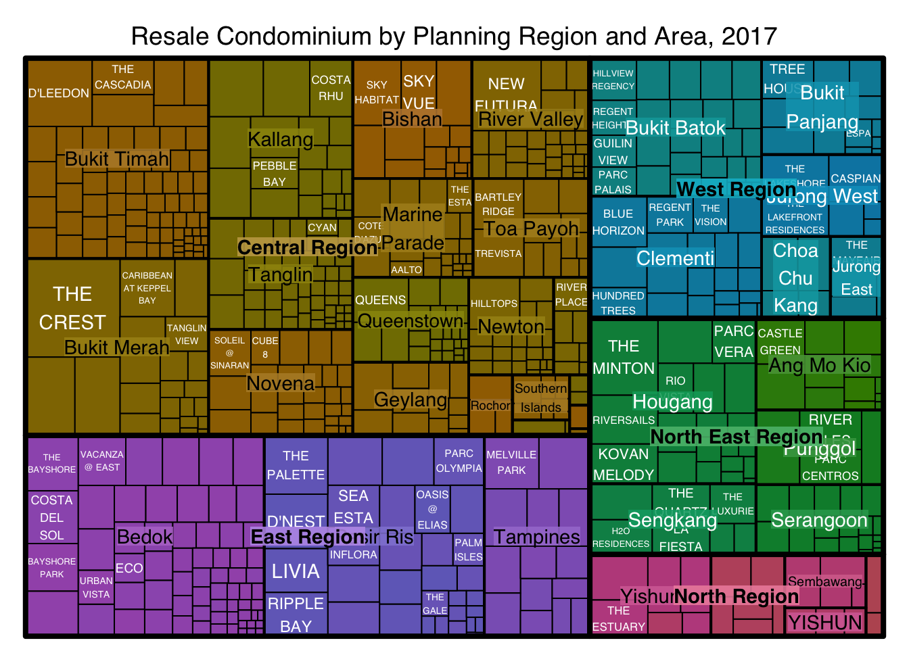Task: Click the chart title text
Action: (454, 36)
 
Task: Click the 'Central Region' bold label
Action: (307, 247)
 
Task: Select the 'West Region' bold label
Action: (736, 189)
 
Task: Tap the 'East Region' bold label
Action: (308, 537)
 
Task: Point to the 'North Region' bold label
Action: (736, 596)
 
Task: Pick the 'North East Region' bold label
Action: (736, 437)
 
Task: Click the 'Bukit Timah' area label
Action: (117, 159)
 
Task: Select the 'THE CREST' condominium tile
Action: (73, 308)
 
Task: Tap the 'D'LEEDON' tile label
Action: (59, 93)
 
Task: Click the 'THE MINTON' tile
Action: (624, 357)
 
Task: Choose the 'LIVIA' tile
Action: (296, 571)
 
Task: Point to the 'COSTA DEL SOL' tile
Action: (52, 518)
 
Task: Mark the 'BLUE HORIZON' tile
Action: (618, 222)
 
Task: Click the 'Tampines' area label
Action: (536, 537)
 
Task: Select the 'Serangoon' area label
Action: (819, 520)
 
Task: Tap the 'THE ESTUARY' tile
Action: (618, 619)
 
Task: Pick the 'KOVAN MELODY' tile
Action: (623, 464)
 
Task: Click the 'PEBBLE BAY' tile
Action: (274, 174)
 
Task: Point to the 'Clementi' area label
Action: (675, 258)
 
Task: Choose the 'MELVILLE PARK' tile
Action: (511, 462)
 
